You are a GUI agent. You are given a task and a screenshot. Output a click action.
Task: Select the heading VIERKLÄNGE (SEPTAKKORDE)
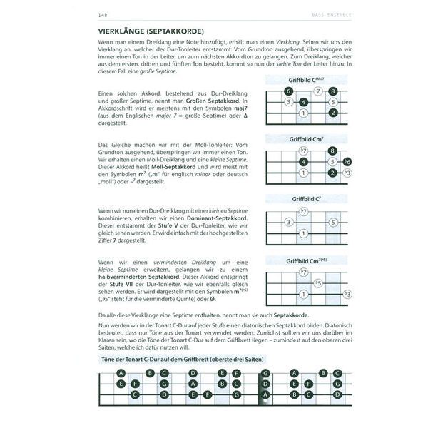pos(150,31)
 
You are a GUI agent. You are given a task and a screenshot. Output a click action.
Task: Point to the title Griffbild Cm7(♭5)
pos(307,261)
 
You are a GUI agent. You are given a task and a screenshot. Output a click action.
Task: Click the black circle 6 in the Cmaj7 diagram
pos(288,91)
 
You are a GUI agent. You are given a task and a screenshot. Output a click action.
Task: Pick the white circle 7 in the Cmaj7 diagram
pos(318,91)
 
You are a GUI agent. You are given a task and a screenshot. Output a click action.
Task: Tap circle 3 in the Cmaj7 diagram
pos(288,102)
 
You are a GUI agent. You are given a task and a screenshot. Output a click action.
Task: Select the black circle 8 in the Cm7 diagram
pos(332,151)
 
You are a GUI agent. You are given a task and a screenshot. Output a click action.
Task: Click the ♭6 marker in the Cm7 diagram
pos(347,162)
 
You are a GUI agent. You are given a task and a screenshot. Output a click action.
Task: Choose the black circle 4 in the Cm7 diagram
pos(303,162)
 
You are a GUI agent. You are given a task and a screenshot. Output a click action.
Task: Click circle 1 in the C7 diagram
pos(303,233)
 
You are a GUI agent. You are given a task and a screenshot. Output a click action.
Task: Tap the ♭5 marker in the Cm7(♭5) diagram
pos(318,282)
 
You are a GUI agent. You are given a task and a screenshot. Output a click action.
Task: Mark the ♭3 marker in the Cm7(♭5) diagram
pos(347,293)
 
